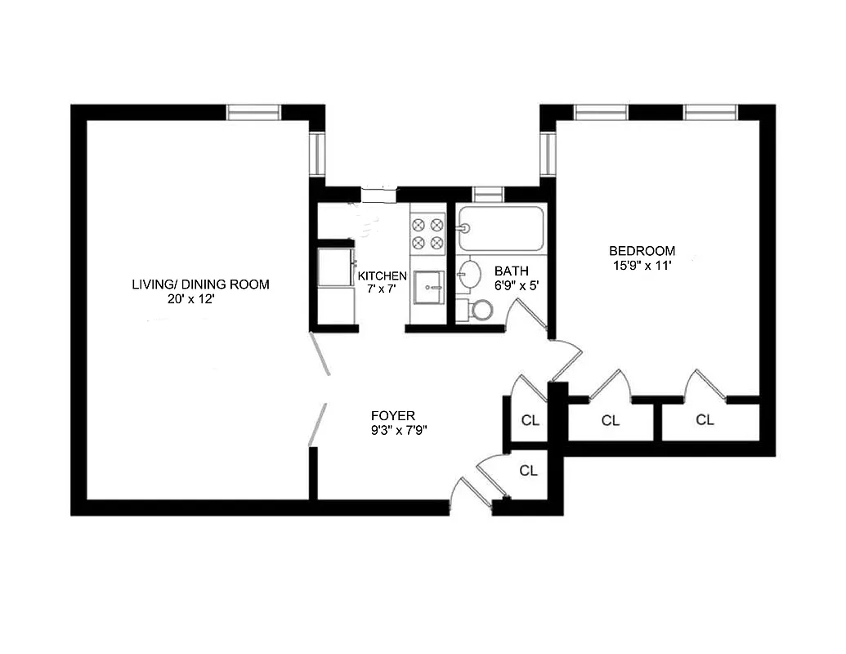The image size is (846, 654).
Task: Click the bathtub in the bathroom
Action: click(500, 228)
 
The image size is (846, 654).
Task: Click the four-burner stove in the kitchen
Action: click(427, 231)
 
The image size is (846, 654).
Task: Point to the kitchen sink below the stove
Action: click(427, 284)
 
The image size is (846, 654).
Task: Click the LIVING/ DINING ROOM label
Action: click(200, 284)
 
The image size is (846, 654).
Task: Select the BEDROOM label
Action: click(642, 251)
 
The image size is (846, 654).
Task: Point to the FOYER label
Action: click(392, 415)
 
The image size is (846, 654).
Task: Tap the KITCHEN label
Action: click(383, 275)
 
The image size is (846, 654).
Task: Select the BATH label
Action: click(511, 271)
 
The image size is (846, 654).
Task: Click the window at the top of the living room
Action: click(253, 112)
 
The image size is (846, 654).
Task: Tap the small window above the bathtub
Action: click(487, 194)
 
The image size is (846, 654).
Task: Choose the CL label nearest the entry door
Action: click(529, 471)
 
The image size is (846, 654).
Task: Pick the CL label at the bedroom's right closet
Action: click(705, 420)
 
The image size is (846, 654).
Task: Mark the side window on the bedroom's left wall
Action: click(548, 155)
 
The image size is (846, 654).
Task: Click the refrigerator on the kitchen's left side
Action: click(335, 268)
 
